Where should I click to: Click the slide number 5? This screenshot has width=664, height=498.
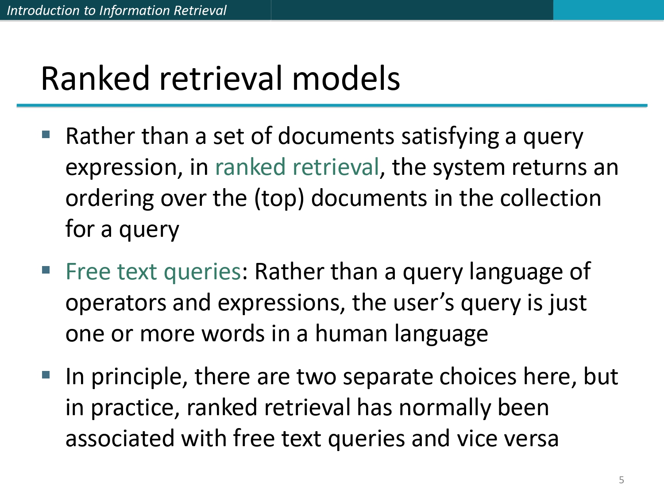pos(621,480)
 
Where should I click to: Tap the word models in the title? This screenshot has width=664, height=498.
pos(346,78)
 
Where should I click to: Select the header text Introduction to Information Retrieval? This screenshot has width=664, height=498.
pos(116,10)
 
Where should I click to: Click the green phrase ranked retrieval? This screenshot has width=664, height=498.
pos(297,168)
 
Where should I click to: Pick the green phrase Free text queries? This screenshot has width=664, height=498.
pos(153,272)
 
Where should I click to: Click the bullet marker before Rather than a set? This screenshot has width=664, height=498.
pos(46,134)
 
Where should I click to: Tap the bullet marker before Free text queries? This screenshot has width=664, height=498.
pos(46,270)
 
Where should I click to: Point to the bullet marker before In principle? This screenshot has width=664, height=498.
pos(46,375)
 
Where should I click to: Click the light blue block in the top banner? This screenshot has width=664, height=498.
pos(608,10)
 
